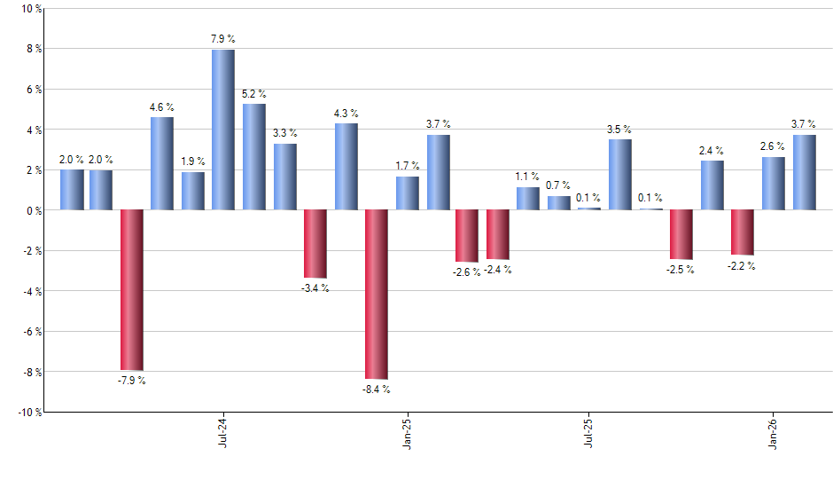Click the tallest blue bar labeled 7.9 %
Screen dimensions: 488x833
[223, 130]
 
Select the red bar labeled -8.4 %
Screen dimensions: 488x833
[377, 295]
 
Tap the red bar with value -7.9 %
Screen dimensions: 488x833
[132, 289]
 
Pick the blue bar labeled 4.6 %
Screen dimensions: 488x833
[162, 163]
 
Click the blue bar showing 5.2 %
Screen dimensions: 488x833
[254, 157]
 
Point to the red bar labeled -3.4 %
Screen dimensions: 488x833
[315, 244]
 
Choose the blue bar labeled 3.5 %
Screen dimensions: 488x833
[620, 175]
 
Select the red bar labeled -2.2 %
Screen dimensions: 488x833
[743, 232]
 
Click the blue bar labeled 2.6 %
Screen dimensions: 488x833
[774, 184]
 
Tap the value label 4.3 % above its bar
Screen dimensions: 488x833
[346, 114]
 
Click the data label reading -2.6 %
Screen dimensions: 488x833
[467, 272]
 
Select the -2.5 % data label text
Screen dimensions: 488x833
[681, 270]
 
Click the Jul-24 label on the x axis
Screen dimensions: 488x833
[222, 430]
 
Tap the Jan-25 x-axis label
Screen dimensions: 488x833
[406, 430]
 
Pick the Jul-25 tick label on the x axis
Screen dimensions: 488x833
[589, 430]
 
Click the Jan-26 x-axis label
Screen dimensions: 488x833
[774, 430]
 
